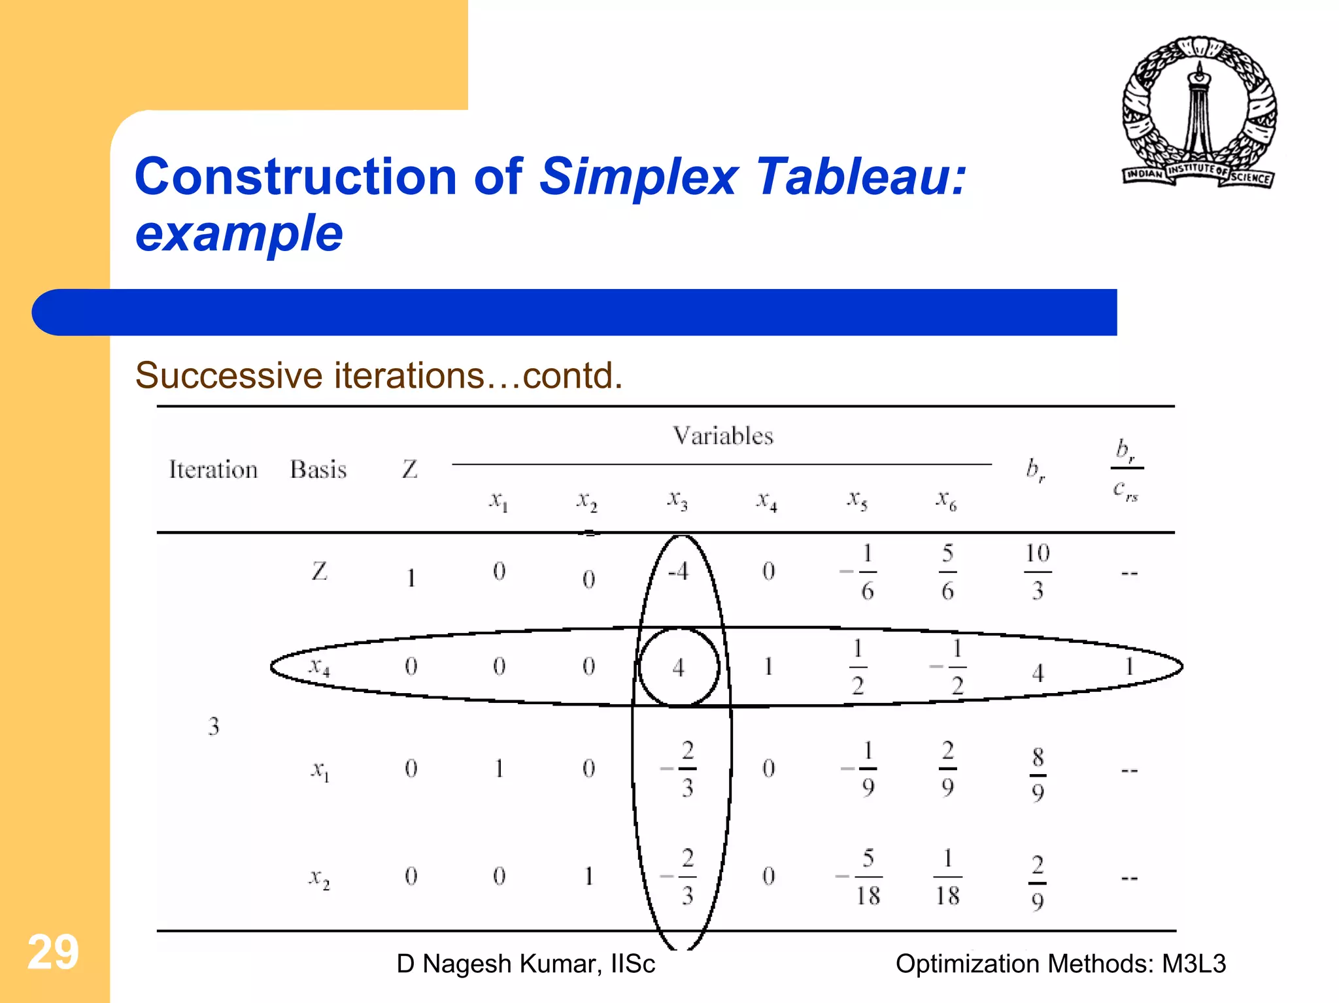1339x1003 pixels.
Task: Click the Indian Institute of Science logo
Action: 1199,112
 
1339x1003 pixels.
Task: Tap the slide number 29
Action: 53,952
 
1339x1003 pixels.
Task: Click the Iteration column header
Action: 213,469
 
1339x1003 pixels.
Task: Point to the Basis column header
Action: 318,469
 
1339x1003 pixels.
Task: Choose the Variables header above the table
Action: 723,435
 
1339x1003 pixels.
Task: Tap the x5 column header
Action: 857,500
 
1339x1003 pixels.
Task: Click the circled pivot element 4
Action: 679,668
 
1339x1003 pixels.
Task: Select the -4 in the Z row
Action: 678,572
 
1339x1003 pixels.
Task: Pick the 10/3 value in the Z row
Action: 1038,572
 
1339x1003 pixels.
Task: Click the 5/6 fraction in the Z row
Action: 947,572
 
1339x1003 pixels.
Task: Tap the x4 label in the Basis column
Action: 320,667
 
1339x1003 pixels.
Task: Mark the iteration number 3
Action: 214,726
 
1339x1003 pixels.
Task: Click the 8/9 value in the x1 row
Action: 1038,775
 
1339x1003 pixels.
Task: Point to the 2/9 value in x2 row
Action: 1038,883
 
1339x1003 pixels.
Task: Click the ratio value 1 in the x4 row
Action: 1129,667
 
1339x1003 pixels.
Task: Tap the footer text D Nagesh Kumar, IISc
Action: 526,964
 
